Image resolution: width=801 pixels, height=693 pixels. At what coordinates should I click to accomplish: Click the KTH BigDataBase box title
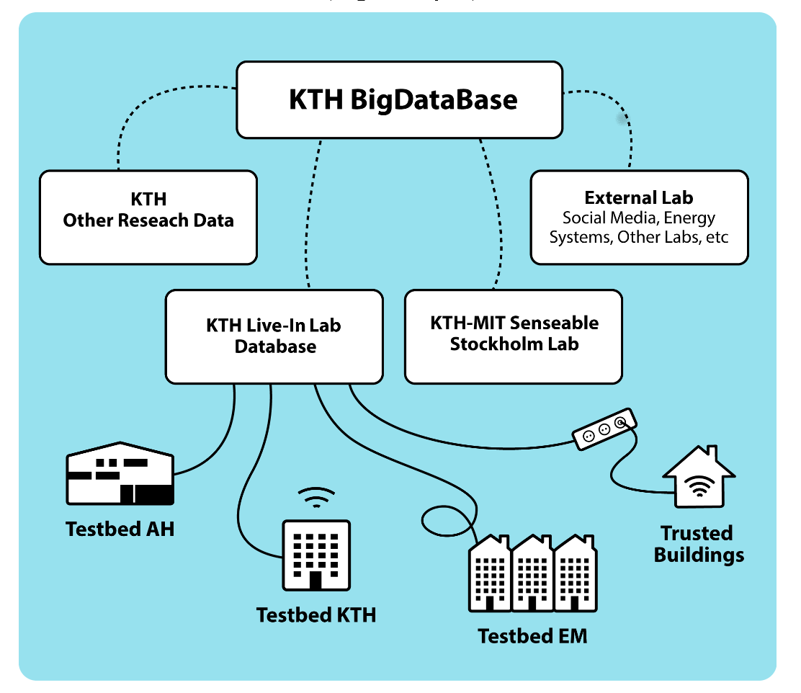(403, 99)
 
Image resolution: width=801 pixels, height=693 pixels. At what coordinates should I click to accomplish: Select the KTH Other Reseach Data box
(148, 217)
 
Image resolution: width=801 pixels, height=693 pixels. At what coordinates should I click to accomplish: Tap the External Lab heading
(638, 197)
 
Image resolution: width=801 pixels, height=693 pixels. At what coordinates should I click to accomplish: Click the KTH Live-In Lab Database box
(274, 336)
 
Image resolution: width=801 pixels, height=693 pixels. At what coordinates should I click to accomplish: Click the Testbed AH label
(120, 529)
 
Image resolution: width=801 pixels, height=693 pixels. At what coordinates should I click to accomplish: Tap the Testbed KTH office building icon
(316, 555)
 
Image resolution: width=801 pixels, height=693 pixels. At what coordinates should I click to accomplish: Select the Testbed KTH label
(316, 615)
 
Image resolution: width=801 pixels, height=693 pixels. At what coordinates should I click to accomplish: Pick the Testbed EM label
(532, 636)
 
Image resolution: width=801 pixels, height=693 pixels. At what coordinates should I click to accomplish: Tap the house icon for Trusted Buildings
(698, 479)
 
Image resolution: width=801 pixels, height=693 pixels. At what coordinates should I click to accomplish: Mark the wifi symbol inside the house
(697, 489)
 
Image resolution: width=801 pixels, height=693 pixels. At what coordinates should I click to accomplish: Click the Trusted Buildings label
(698, 544)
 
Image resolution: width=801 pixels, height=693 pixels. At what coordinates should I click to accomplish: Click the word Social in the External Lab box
(585, 218)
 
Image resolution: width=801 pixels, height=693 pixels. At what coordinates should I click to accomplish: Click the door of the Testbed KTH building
(316, 581)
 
